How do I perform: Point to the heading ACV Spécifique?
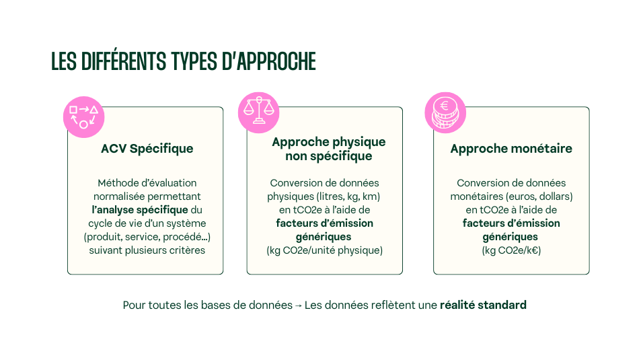pos(147,149)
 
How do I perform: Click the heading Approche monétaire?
pos(511,149)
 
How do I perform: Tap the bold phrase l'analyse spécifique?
pos(140,210)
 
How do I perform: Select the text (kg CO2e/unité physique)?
pos(324,250)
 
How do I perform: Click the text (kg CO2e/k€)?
pos(511,250)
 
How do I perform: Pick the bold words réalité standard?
pos(483,305)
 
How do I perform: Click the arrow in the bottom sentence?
pos(298,305)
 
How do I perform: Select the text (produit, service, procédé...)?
pos(146,237)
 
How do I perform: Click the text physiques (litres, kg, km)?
pos(324,196)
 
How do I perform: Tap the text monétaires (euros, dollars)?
pos(511,196)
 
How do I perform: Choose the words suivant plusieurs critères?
pos(147,250)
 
